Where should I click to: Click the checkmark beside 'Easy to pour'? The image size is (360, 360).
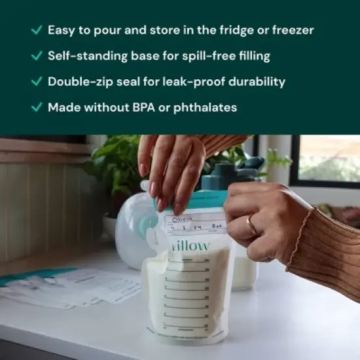point(37,30)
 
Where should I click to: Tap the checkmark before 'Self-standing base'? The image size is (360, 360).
point(37,56)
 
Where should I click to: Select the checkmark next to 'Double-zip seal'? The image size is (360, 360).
point(37,82)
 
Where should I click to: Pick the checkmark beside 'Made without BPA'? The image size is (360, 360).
point(37,107)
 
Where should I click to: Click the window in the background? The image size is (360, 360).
point(327,160)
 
